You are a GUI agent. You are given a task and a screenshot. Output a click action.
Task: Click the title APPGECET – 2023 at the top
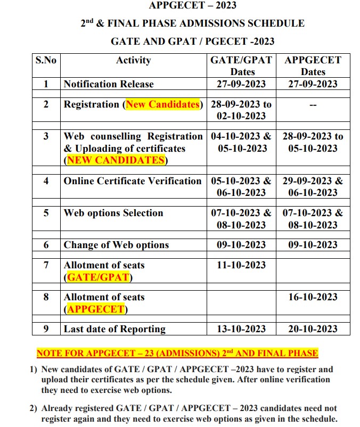tap(193, 6)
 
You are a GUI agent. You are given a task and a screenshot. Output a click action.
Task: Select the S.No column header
tap(46, 60)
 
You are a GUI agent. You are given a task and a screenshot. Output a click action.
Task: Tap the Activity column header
tap(133, 60)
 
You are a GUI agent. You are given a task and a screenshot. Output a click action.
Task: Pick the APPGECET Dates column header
tap(313, 65)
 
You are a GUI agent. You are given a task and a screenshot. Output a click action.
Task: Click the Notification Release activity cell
tap(109, 84)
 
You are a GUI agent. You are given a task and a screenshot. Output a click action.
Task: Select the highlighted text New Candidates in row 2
tap(163, 104)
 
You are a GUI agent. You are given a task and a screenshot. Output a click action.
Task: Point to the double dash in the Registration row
tap(313, 105)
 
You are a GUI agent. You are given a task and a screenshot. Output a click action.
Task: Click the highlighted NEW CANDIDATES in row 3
tap(115, 160)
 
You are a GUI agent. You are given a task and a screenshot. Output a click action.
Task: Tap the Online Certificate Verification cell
tap(133, 181)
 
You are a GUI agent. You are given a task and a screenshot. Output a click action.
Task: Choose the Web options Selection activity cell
tap(113, 213)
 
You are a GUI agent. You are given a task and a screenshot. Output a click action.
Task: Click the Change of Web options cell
tap(116, 245)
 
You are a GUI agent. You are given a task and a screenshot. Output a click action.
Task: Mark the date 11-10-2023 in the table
tap(241, 265)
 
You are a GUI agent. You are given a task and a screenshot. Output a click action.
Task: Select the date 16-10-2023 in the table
tap(313, 297)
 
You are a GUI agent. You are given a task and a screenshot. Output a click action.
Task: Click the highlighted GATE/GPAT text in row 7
tap(98, 277)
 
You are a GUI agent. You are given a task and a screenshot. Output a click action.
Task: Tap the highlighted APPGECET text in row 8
tap(96, 309)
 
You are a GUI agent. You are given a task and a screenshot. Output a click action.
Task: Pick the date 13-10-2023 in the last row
tap(241, 329)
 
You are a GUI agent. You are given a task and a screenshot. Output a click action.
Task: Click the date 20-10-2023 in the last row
tap(313, 329)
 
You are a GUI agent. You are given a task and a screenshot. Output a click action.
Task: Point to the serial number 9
tap(46, 329)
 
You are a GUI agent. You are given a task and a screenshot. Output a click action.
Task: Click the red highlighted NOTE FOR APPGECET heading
tap(177, 353)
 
